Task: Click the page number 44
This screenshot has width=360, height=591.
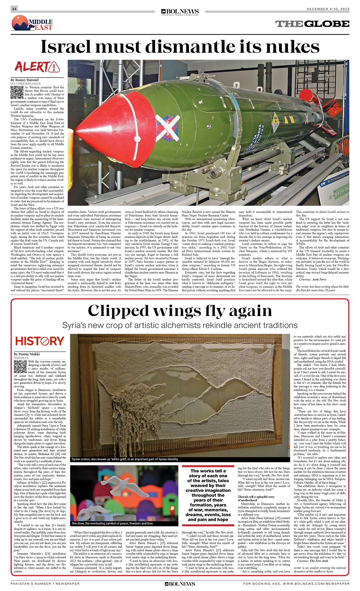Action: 14,9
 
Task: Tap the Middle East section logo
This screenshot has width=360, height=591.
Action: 33,23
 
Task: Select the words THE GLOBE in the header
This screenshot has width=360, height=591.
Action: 312,24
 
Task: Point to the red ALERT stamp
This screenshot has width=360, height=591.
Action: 36,66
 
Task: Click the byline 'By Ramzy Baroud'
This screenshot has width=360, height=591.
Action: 26,79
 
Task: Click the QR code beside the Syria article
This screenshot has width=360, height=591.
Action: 20,367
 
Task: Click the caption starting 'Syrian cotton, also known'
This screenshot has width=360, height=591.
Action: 125,459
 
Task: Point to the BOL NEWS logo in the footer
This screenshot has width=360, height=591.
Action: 180,583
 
